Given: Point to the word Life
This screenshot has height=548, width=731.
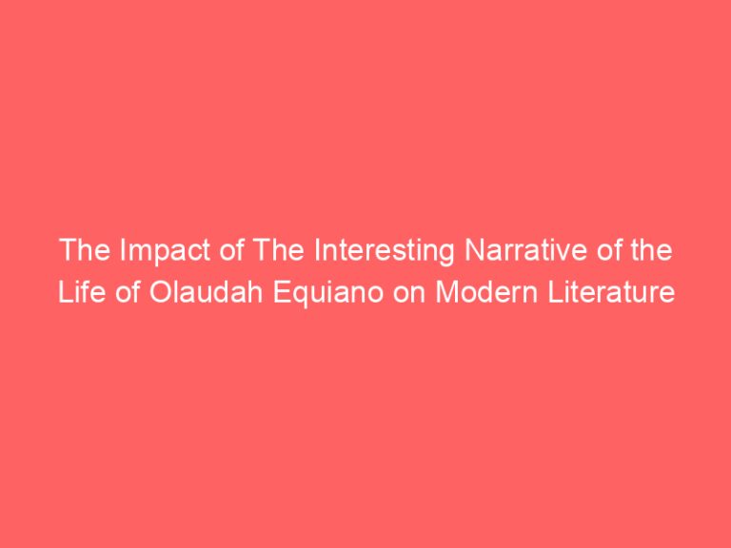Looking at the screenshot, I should click(x=76, y=293).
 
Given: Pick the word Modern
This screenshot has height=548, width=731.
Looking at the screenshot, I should click(x=477, y=293).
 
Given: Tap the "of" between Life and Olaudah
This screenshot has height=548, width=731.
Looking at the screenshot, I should click(x=119, y=293).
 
